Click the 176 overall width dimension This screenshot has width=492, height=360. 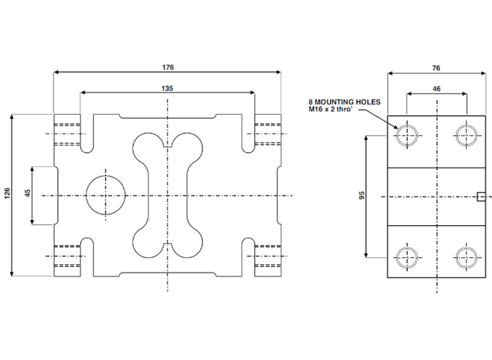[167, 67]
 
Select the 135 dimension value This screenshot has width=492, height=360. [167, 88]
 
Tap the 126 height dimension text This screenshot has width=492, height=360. [7, 194]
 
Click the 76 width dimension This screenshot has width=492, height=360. [436, 67]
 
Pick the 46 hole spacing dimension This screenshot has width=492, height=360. [436, 88]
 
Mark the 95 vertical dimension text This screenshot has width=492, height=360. [362, 195]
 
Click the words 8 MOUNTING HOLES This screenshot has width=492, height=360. [344, 103]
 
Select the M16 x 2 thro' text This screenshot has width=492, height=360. [334, 110]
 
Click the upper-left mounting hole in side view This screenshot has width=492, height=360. [407, 135]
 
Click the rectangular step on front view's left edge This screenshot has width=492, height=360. [44, 196]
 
